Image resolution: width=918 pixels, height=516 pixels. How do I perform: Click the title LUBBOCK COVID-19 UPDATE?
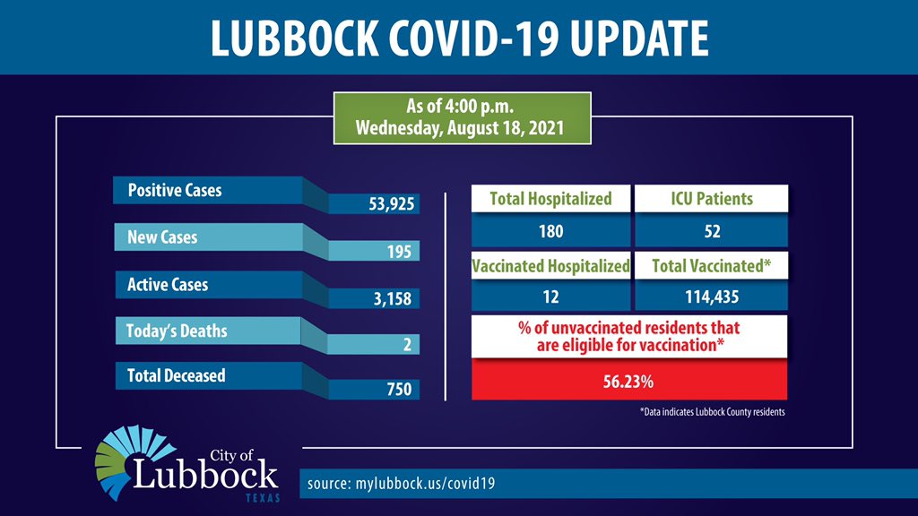tap(459, 38)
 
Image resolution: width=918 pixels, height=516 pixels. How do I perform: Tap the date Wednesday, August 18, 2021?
tap(459, 127)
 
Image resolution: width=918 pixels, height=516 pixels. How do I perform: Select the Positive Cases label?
tap(175, 191)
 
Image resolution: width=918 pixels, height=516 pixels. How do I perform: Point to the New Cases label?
tap(162, 238)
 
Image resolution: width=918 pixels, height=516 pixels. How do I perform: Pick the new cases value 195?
tap(398, 253)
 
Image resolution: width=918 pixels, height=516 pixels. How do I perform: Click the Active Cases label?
tap(168, 285)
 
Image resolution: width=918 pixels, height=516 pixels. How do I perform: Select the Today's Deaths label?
tap(178, 331)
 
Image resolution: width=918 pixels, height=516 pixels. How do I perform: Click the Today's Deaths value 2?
tap(407, 345)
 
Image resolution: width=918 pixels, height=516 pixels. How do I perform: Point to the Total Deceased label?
tap(177, 376)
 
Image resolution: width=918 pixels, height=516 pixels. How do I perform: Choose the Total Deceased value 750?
tap(398, 390)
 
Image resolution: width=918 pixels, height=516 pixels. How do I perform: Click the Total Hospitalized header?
tap(550, 199)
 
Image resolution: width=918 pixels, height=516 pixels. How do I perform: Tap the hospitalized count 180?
tap(550, 232)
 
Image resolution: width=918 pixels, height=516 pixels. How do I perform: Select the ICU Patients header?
tap(711, 199)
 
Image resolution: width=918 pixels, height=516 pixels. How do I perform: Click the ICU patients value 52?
tap(711, 232)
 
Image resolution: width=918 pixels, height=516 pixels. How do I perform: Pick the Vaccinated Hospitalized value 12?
tap(550, 297)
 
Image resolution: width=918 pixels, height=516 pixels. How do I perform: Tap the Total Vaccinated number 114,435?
tap(711, 297)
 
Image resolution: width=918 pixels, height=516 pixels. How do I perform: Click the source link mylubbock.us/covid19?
tap(401, 484)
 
